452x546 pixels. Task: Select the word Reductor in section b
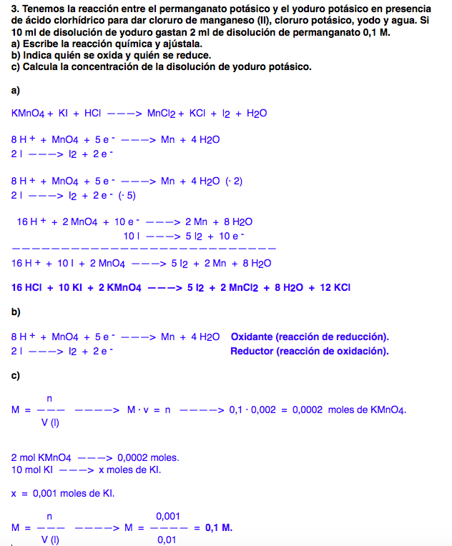click(252, 351)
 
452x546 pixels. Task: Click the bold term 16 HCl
click(28, 288)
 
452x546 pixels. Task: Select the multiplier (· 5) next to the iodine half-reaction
click(126, 195)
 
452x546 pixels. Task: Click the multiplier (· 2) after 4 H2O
click(233, 181)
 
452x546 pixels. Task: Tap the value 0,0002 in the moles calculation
click(308, 410)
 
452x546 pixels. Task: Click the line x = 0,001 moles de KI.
click(63, 492)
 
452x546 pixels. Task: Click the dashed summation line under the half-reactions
click(143, 248)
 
